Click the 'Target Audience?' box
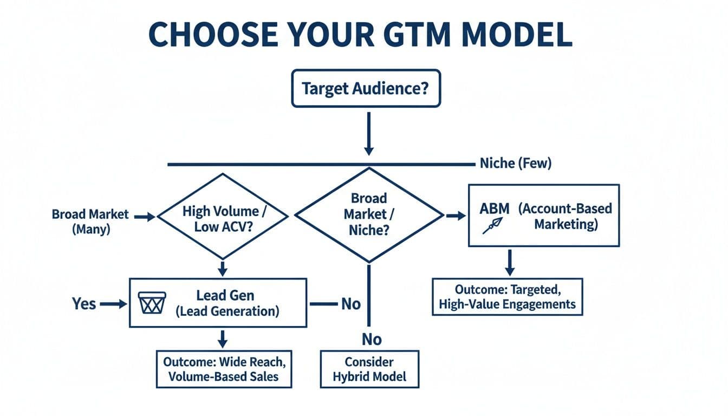[366, 88]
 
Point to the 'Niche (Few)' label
[515, 164]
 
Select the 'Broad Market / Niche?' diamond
[369, 216]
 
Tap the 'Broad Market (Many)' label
[90, 221]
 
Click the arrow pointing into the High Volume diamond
[144, 217]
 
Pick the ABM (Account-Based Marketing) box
[543, 216]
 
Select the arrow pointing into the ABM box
[456, 216]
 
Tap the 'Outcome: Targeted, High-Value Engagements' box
[508, 296]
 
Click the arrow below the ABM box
[509, 263]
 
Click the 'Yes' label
[84, 304]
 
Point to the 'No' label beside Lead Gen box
[350, 304]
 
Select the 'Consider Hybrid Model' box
[369, 369]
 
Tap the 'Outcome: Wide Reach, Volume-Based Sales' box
[224, 368]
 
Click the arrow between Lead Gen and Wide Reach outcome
[222, 339]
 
